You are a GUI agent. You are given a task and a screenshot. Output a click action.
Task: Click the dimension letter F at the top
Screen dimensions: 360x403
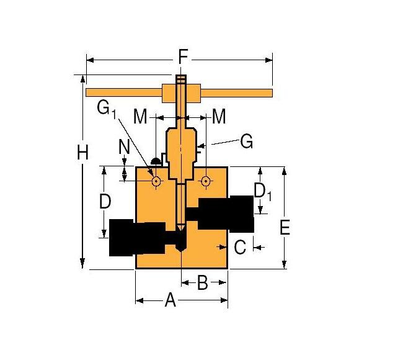point(183,58)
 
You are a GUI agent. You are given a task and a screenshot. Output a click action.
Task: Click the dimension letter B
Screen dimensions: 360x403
point(202,284)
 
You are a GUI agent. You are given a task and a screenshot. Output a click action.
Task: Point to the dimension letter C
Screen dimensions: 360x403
point(241,247)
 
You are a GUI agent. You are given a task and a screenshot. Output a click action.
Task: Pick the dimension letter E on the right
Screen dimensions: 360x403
point(285,228)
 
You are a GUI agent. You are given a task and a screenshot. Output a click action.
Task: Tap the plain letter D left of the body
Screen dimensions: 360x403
point(105,202)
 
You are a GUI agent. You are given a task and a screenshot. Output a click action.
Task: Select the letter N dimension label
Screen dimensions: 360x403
point(124,148)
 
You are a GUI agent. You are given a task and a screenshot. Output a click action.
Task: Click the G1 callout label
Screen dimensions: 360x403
point(106,109)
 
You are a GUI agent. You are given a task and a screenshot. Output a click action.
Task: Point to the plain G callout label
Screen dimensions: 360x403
point(246,142)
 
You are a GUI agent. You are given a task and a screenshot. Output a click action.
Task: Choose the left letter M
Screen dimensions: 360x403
point(141,116)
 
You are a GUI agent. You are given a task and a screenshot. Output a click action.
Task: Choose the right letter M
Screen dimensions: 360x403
point(218,116)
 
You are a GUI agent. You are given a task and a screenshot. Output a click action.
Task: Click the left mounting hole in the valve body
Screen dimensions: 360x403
point(156,182)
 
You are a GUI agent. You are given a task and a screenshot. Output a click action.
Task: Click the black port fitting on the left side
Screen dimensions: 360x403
point(136,238)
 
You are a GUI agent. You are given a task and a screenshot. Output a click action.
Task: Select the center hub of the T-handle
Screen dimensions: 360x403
point(180,93)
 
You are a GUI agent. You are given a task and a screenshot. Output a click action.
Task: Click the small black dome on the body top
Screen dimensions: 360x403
point(155,161)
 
